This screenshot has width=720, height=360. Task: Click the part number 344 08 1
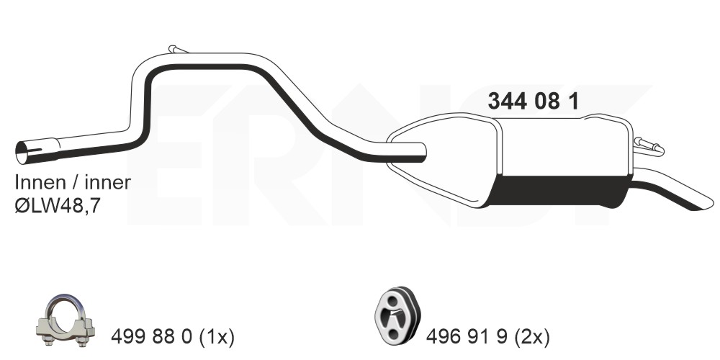click(x=533, y=101)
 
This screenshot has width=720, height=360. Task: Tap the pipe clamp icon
click(x=66, y=320)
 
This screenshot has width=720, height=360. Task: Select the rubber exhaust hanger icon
click(x=397, y=314)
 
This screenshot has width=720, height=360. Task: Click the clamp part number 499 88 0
click(x=150, y=338)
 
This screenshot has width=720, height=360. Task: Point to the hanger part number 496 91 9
click(x=466, y=338)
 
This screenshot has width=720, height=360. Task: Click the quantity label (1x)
click(x=217, y=338)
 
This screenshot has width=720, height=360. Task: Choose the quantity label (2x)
click(x=532, y=338)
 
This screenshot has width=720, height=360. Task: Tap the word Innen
click(x=40, y=182)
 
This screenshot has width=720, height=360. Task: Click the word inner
click(x=107, y=182)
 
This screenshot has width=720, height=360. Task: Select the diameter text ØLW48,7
click(x=57, y=206)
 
